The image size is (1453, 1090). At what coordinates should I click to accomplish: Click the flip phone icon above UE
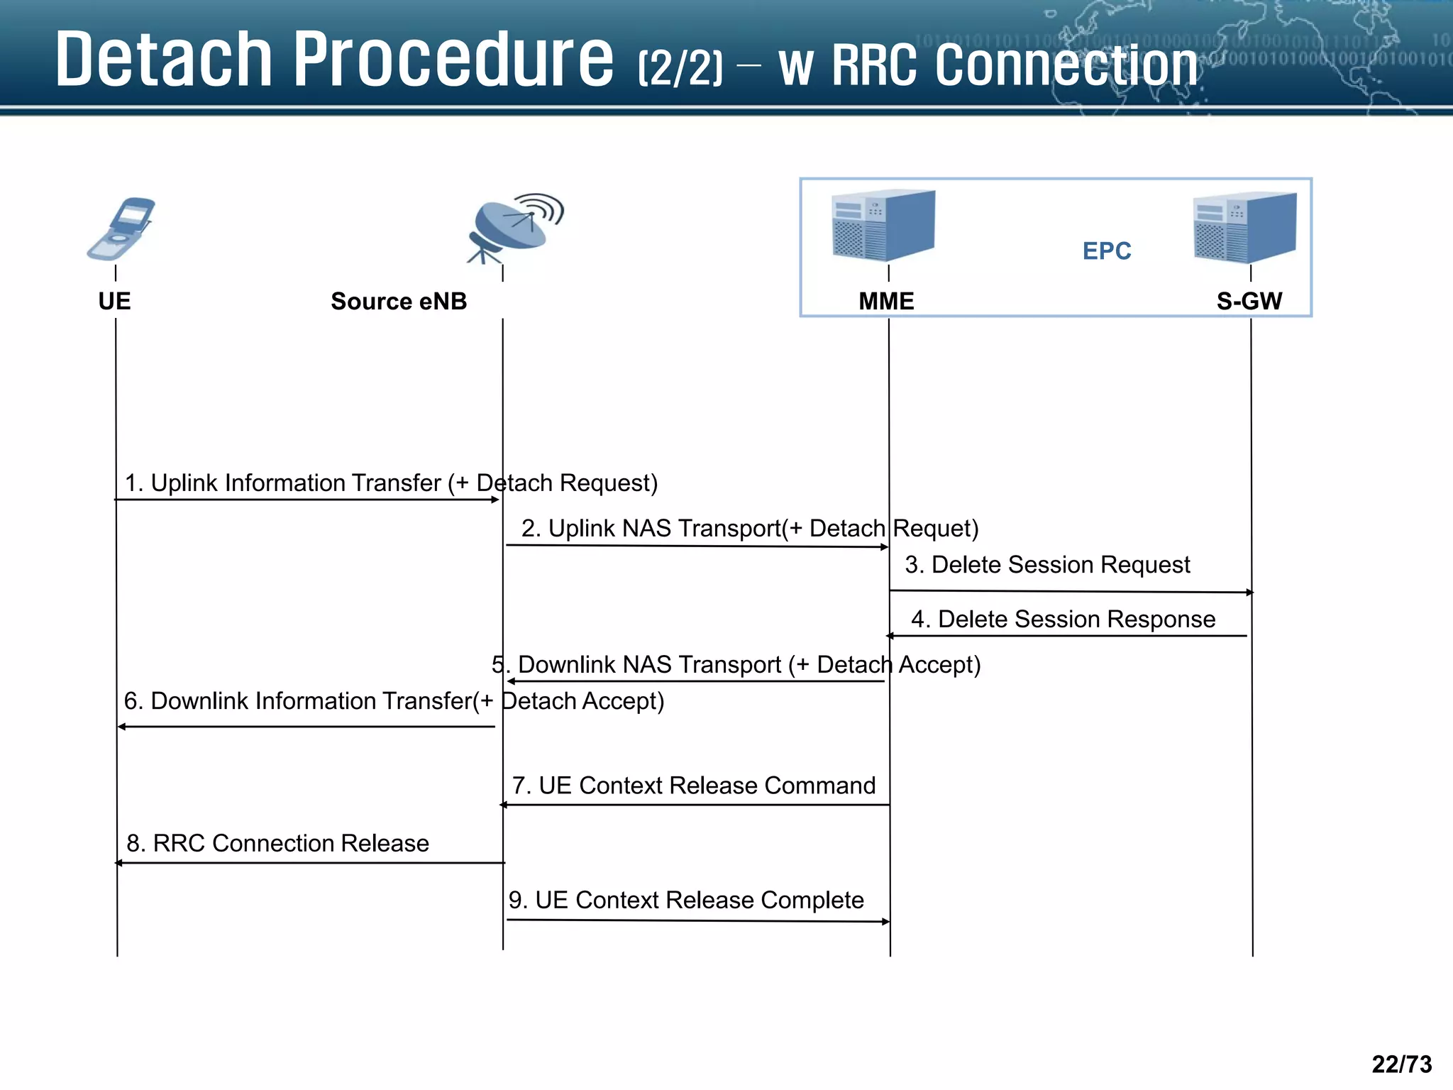(x=121, y=229)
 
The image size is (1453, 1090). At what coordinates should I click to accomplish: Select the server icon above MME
(x=883, y=225)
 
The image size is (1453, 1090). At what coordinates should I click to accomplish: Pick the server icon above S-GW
(x=1245, y=227)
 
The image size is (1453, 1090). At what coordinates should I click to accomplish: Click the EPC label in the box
(x=1106, y=251)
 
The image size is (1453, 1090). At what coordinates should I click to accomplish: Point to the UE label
(x=114, y=301)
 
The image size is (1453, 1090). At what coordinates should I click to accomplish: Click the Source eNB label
(x=399, y=301)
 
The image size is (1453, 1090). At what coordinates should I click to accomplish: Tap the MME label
(x=886, y=301)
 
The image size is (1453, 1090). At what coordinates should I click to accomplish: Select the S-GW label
(x=1249, y=301)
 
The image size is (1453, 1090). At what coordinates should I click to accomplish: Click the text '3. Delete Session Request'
(x=1047, y=565)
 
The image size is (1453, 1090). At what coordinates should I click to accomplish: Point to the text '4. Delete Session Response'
(x=1063, y=620)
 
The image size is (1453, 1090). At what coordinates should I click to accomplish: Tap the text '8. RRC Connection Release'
(x=277, y=843)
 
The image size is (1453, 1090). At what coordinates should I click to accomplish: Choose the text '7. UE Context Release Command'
(x=694, y=786)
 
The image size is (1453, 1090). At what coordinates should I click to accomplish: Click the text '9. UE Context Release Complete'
(x=686, y=900)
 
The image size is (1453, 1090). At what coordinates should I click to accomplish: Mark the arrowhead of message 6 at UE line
(x=122, y=727)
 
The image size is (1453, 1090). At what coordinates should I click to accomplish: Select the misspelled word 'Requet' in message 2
(x=935, y=529)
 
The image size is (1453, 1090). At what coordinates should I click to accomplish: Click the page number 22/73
(x=1401, y=1064)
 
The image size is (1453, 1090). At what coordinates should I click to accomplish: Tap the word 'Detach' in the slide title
(x=164, y=60)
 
